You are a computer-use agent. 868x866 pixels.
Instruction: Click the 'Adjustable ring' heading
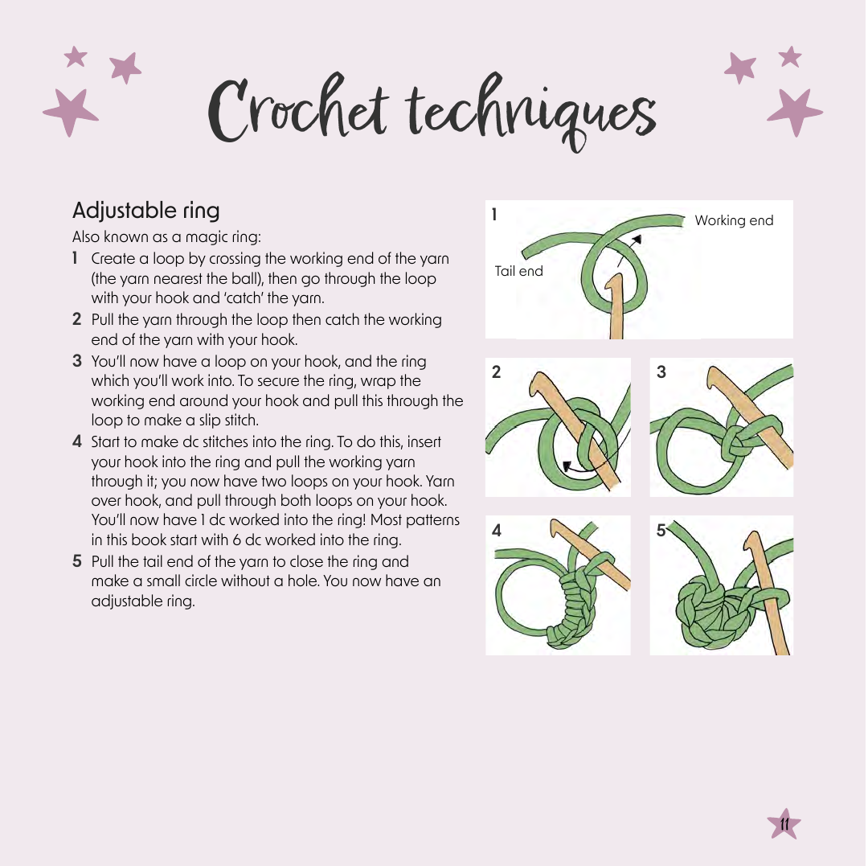pos(145,211)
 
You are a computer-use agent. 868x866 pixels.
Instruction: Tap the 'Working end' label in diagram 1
pos(734,220)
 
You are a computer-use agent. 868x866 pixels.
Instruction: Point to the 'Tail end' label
pos(518,271)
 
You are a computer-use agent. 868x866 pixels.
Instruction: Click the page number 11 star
pos(784,824)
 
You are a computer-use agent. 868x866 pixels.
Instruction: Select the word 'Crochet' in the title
pos(298,109)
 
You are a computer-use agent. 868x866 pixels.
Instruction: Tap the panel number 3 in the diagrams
pos(661,372)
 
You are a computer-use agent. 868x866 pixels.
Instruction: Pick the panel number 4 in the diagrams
pos(497,531)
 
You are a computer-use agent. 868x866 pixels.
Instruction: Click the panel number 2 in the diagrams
pos(497,372)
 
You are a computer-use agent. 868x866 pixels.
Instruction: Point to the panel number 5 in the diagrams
pos(661,531)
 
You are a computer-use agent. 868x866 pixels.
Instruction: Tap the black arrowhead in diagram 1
pos(637,239)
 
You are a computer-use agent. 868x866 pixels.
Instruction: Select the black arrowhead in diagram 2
pos(567,467)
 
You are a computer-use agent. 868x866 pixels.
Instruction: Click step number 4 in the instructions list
pos(77,442)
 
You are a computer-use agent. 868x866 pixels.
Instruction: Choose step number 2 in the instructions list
pos(77,319)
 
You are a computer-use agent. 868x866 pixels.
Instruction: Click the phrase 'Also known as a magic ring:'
pos(166,237)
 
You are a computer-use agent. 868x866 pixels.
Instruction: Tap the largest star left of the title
pos(70,111)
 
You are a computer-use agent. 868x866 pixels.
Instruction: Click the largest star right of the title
pos(795,111)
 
